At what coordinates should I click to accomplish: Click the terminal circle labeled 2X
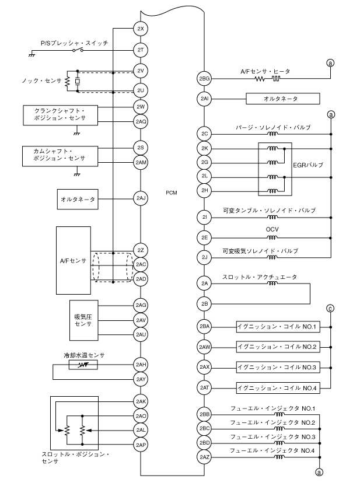[x=140, y=29]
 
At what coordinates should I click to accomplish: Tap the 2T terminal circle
[x=140, y=50]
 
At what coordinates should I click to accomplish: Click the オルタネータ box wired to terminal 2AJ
[x=77, y=199]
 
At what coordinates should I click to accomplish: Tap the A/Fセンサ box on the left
[x=73, y=260]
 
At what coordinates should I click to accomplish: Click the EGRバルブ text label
[x=307, y=165]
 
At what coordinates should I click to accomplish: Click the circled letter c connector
[x=331, y=307]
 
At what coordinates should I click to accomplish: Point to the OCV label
[x=272, y=229]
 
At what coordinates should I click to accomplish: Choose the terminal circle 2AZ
[x=204, y=457]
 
